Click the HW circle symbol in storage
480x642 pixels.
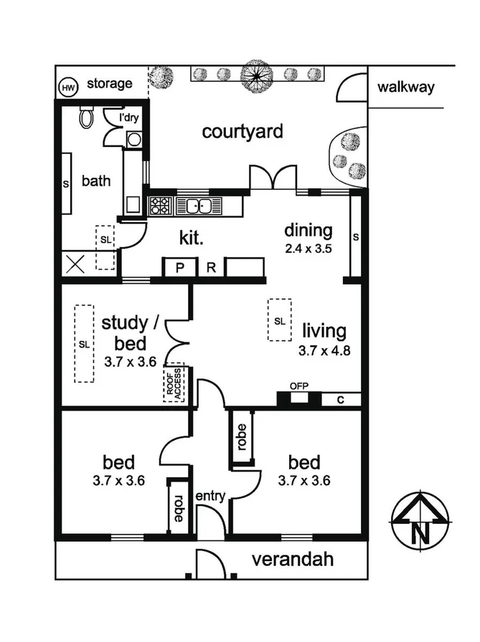point(69,87)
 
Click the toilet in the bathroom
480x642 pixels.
point(87,118)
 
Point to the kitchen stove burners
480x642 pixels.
point(159,206)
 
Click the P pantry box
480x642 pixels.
point(179,268)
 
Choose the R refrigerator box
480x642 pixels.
point(211,268)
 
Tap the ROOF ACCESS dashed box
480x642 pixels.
point(174,383)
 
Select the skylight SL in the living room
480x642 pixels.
point(280,320)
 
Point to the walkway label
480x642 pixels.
point(406,87)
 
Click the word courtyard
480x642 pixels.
point(243,132)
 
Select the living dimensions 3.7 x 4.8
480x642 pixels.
point(324,351)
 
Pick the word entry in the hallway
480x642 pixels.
point(210,496)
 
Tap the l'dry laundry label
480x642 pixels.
point(128,118)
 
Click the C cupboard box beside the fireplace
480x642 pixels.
point(340,400)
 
